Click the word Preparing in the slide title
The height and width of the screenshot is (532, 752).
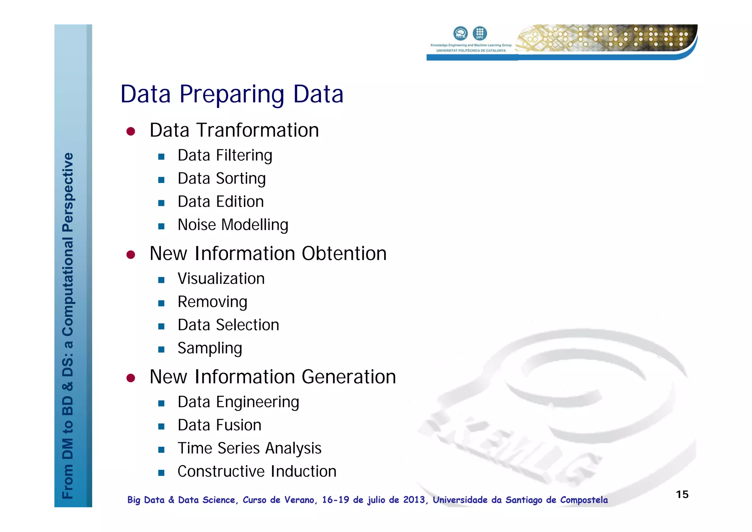pyautogui.click(x=231, y=95)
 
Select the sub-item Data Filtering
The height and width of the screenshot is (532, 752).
pyautogui.click(x=225, y=155)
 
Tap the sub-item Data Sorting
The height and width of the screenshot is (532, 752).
pyautogui.click(x=221, y=179)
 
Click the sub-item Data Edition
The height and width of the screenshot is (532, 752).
pyautogui.click(x=221, y=202)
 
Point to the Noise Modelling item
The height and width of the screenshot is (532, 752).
pyautogui.click(x=233, y=225)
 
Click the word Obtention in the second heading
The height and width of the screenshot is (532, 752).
pyautogui.click(x=344, y=254)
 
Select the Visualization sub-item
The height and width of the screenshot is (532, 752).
pyautogui.click(x=221, y=278)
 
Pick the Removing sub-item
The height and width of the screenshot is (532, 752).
pyautogui.click(x=212, y=302)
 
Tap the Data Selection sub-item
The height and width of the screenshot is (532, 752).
pyautogui.click(x=228, y=325)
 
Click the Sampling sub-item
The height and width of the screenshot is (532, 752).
pyautogui.click(x=210, y=348)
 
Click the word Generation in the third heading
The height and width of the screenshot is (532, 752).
pyautogui.click(x=348, y=377)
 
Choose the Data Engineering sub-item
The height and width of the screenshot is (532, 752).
pyautogui.click(x=238, y=402)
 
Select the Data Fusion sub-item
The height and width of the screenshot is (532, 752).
pyautogui.click(x=219, y=425)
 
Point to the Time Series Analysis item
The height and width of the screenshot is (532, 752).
pyautogui.click(x=249, y=448)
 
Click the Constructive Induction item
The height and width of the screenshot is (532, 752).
pyautogui.click(x=257, y=471)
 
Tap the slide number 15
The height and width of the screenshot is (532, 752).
pyautogui.click(x=682, y=495)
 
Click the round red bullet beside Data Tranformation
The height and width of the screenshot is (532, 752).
pyautogui.click(x=131, y=131)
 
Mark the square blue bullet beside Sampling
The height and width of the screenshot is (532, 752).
pyautogui.click(x=161, y=349)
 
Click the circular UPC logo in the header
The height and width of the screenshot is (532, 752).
pyautogui.click(x=480, y=33)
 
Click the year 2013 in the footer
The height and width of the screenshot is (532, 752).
pyautogui.click(x=414, y=500)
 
